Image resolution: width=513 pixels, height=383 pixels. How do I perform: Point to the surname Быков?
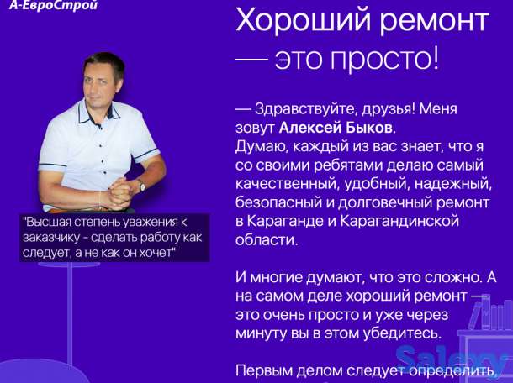tap(367, 127)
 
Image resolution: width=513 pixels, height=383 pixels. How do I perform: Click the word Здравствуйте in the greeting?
tap(300, 108)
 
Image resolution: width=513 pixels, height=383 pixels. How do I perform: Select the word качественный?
tap(287, 183)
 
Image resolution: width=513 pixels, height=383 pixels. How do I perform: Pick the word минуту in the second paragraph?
tap(263, 333)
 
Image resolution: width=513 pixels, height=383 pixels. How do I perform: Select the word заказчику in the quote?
tap(56, 237)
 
